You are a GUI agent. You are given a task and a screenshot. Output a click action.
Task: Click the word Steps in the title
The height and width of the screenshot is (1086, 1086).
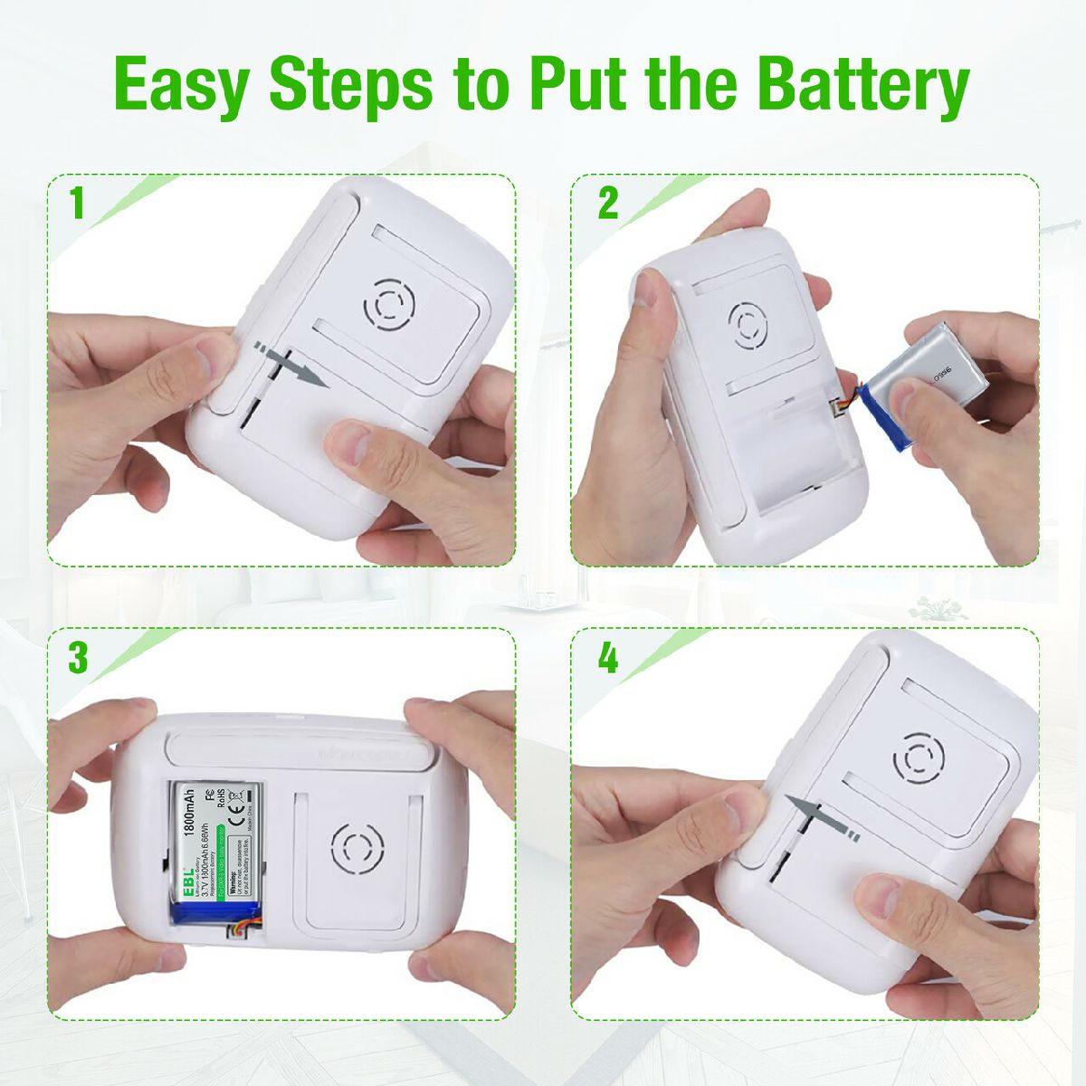(350, 85)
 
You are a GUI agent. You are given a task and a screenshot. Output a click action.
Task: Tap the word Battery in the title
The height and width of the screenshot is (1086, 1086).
(862, 85)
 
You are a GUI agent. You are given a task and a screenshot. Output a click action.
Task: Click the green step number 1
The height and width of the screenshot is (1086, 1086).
(78, 204)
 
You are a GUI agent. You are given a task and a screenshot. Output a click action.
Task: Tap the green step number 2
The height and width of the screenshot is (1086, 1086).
(607, 204)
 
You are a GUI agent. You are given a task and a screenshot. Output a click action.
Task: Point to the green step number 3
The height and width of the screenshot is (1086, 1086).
(78, 658)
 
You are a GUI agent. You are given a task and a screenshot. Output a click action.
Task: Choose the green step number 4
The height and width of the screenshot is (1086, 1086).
(607, 658)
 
